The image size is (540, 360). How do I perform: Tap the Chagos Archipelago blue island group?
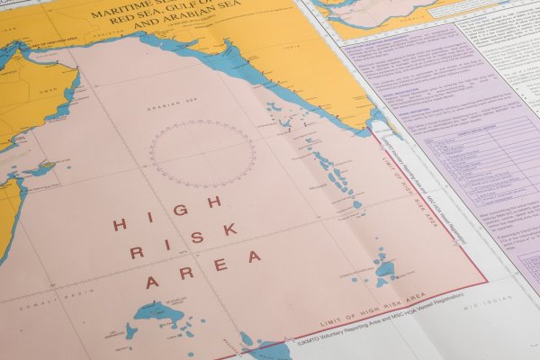pyautogui.click(x=385, y=267)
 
